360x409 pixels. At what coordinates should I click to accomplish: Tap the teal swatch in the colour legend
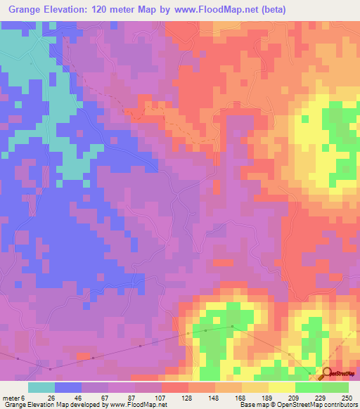[x=41, y=388]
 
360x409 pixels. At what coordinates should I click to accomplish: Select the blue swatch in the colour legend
[x=68, y=388]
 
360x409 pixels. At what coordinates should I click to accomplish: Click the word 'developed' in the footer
[x=80, y=404]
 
